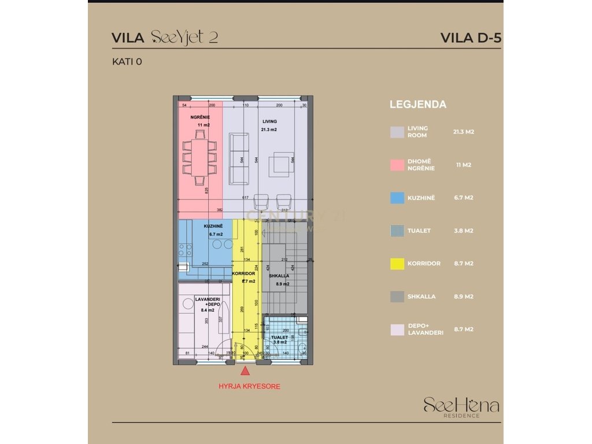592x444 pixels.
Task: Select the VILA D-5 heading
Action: click(x=471, y=38)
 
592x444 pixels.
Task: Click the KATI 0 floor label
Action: click(x=127, y=62)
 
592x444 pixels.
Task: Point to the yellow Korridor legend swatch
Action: click(x=397, y=264)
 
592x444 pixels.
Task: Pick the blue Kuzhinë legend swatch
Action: click(x=397, y=198)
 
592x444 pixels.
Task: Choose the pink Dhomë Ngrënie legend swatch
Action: click(x=397, y=165)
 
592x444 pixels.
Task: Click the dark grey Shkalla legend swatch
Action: click(x=397, y=297)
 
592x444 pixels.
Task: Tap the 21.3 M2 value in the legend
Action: click(x=464, y=132)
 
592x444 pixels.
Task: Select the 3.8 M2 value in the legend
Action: click(x=464, y=231)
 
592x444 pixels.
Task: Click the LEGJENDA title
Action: click(x=418, y=105)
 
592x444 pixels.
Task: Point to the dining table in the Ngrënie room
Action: click(x=199, y=156)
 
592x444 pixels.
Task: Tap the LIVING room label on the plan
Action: click(x=269, y=121)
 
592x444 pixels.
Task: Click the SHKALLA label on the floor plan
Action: click(x=279, y=276)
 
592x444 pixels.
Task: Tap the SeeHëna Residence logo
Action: click(x=461, y=406)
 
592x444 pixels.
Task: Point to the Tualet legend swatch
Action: click(x=397, y=231)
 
